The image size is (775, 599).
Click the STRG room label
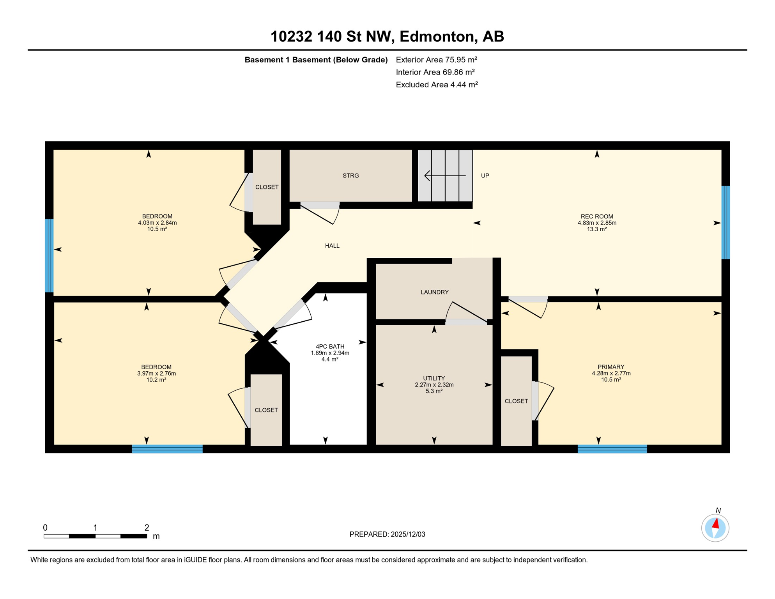(x=350, y=176)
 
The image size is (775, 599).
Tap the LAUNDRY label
(x=434, y=292)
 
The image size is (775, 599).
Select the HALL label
(x=332, y=246)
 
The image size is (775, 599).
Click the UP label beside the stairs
(x=485, y=176)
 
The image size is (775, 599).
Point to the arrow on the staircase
(x=444, y=176)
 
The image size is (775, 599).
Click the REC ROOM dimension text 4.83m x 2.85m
(x=596, y=223)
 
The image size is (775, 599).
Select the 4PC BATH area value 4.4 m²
(x=329, y=359)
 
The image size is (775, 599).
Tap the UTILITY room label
(x=434, y=378)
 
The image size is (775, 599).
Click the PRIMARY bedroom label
(x=610, y=367)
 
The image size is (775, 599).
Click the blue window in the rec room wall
(x=725, y=223)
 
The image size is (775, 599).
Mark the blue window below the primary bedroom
(x=612, y=449)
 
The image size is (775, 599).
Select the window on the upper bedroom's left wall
(x=49, y=256)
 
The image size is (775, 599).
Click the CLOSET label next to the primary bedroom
(x=516, y=401)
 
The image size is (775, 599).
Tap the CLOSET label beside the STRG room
(x=267, y=187)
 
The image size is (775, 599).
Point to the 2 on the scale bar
(x=147, y=528)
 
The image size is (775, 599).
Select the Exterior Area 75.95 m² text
(x=436, y=60)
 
